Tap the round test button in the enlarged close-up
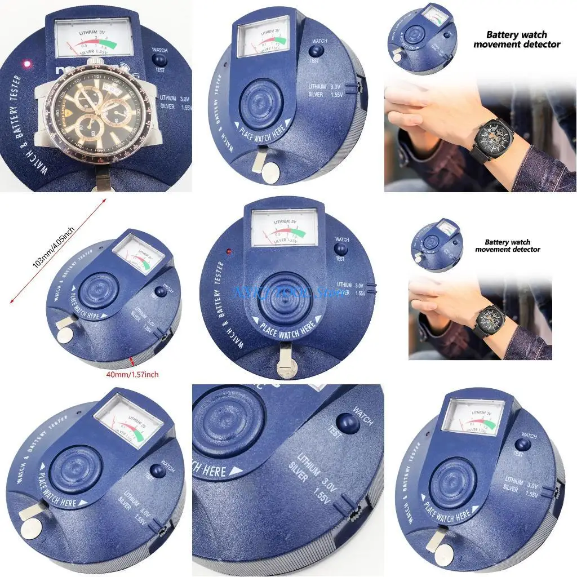click(347, 422)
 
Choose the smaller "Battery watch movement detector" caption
click(508, 246)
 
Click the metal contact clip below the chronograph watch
click(104, 180)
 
